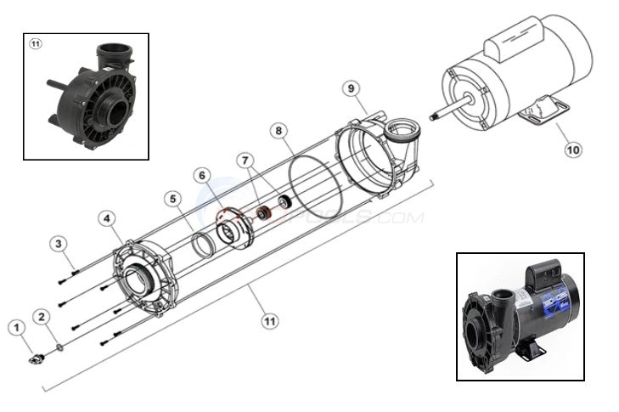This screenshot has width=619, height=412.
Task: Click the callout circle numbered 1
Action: pyautogui.click(x=14, y=326)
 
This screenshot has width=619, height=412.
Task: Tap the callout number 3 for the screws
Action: pyautogui.click(x=58, y=244)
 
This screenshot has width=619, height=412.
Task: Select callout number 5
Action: pyautogui.click(x=173, y=199)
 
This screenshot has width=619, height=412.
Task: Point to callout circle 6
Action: pyautogui.click(x=202, y=175)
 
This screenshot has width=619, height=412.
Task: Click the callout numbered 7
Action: pyautogui.click(x=245, y=160)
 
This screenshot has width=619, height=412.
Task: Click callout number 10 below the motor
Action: pyautogui.click(x=573, y=150)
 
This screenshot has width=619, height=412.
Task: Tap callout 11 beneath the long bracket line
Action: pyautogui.click(x=269, y=321)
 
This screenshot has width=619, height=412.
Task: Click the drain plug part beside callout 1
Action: pyautogui.click(x=35, y=359)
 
